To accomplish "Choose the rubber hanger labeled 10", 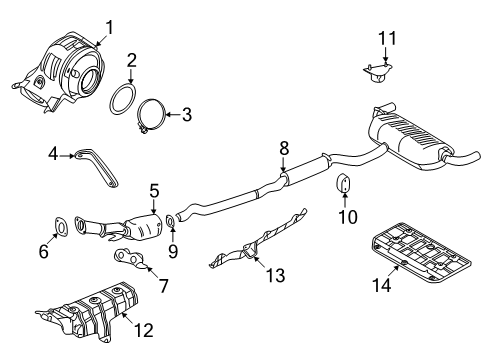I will point(342,186).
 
